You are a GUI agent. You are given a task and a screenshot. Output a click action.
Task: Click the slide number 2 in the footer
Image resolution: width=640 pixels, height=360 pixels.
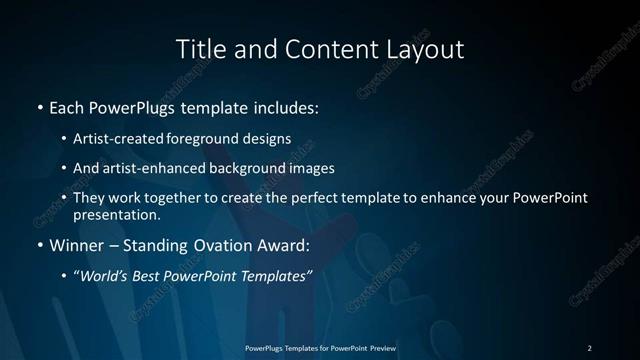click(x=589, y=347)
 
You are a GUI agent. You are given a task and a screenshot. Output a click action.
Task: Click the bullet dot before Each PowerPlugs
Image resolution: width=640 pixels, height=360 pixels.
click(x=39, y=105)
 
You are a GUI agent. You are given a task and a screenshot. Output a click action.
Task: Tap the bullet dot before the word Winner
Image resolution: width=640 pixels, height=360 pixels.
click(x=39, y=244)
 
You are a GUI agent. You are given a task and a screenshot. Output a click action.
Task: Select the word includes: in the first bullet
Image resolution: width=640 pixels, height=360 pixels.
click(x=286, y=105)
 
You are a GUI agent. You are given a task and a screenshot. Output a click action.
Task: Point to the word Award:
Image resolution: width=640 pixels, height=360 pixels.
click(x=284, y=244)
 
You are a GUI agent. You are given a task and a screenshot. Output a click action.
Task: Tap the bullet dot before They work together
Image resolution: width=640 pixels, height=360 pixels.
click(x=65, y=198)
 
